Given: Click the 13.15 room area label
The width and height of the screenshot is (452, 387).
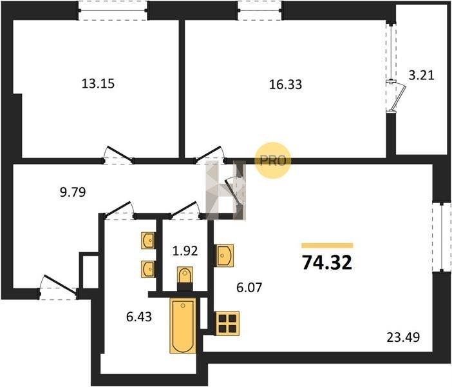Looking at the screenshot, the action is (x=99, y=84).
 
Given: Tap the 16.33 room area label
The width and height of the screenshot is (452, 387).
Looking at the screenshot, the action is (x=285, y=84).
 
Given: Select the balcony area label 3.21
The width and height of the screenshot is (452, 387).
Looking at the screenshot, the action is (x=422, y=75).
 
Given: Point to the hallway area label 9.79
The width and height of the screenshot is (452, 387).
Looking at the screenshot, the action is (x=73, y=192).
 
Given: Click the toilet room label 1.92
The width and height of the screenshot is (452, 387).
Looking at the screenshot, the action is (x=185, y=251).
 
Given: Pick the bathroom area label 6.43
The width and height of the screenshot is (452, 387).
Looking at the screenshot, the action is (x=139, y=317).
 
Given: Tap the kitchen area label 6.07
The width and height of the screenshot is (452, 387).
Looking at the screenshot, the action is (x=249, y=288).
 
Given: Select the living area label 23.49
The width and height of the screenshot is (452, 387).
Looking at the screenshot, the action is (x=403, y=337).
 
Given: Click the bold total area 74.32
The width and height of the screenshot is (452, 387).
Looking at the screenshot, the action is (x=327, y=263).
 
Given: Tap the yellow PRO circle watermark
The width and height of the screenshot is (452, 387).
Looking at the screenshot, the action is (x=273, y=161).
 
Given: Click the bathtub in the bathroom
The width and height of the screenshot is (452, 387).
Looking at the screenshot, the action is (x=183, y=326).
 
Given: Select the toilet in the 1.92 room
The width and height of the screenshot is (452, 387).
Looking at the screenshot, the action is (x=185, y=279).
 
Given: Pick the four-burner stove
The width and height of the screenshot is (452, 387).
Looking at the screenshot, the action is (x=227, y=323).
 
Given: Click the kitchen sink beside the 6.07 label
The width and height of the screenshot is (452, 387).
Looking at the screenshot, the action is (x=224, y=256).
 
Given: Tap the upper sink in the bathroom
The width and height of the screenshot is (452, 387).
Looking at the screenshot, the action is (x=148, y=241).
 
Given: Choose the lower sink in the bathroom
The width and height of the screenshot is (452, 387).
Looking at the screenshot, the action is (x=148, y=269).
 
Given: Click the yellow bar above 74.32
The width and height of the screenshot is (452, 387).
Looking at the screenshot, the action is (x=327, y=246).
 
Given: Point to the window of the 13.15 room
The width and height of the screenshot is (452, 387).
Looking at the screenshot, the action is (x=113, y=10).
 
